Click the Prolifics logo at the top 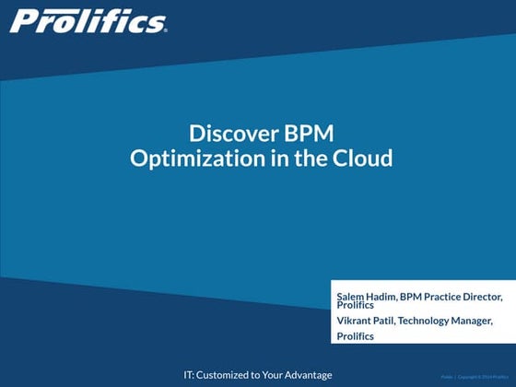tap(88, 20)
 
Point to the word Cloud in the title tap(364, 158)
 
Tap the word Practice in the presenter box tap(441, 297)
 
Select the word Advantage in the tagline tap(305, 374)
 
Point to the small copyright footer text tap(474, 376)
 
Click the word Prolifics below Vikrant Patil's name tap(356, 335)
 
